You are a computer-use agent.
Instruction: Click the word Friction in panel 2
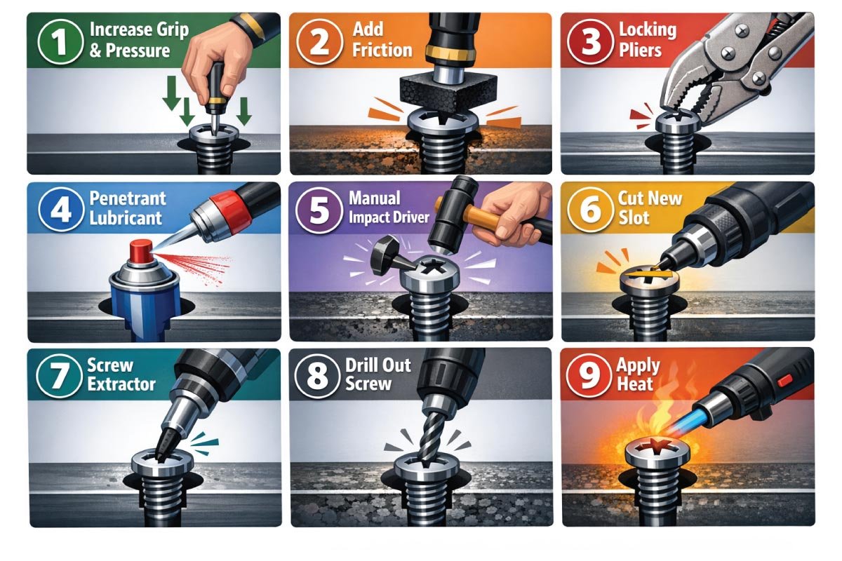382,50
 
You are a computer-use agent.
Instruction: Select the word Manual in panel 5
375,198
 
